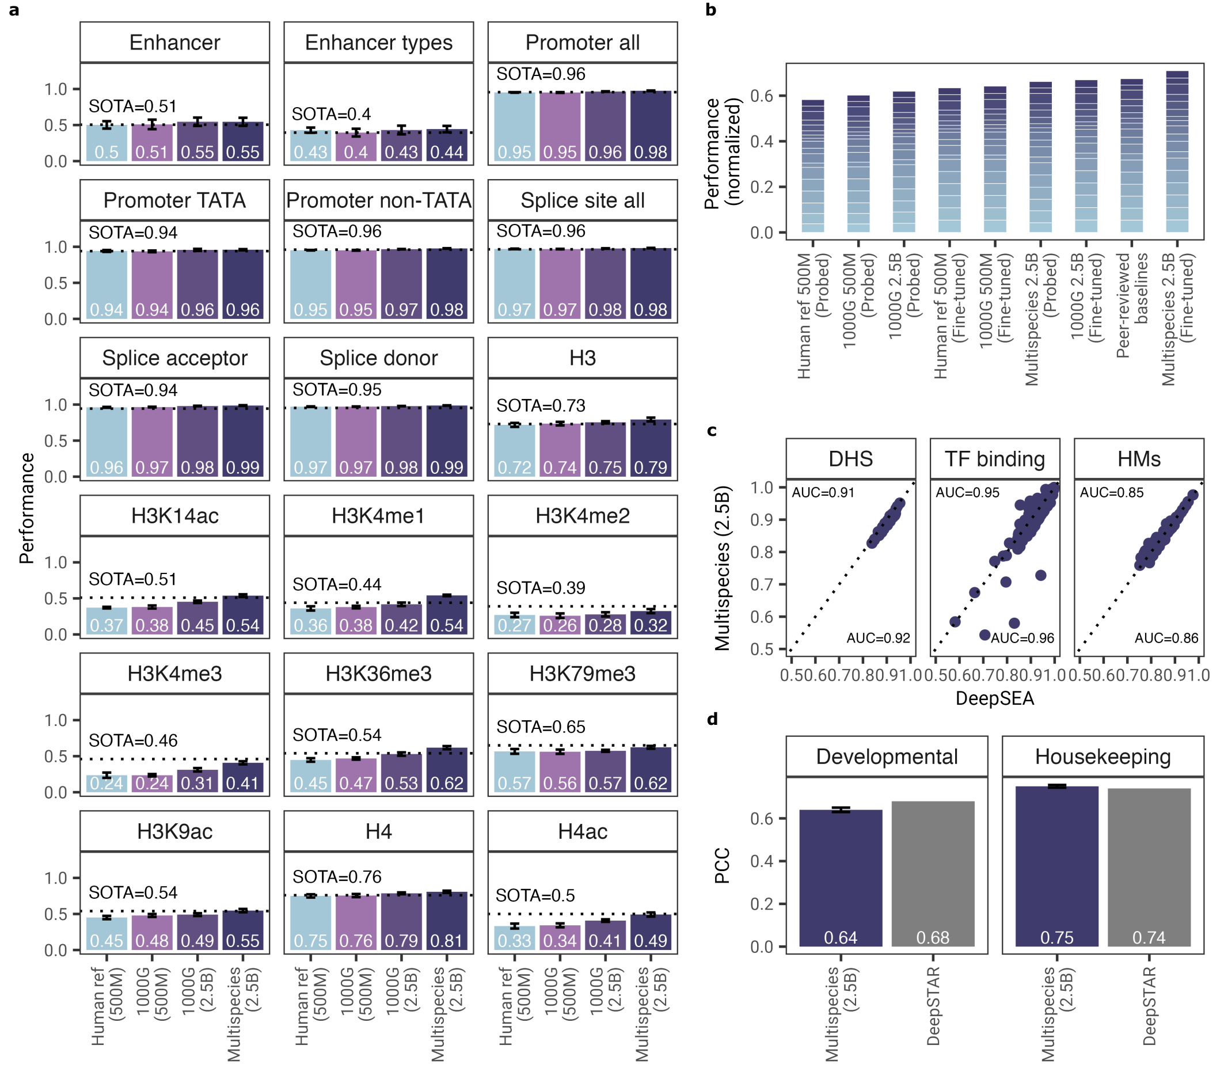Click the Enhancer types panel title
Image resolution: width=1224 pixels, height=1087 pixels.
tap(378, 43)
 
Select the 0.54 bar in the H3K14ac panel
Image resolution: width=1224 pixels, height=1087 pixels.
tap(243, 615)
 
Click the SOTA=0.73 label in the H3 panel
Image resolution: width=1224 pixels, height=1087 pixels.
tap(541, 406)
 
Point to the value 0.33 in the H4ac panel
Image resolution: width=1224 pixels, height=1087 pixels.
tap(514, 941)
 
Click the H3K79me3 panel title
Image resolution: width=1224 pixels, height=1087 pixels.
tap(582, 674)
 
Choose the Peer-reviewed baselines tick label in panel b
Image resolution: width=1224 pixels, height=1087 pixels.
tap(1132, 306)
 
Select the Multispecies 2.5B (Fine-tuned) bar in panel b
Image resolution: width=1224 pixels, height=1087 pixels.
tap(1177, 152)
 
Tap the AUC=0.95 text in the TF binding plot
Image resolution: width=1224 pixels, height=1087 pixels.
tap(968, 493)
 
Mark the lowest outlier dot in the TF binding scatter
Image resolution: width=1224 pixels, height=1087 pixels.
tap(985, 635)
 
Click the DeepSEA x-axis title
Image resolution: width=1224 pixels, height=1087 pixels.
tap(995, 698)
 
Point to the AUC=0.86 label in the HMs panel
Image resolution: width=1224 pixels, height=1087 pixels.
tap(1166, 638)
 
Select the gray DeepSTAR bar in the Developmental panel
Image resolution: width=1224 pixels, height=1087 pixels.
tap(933, 875)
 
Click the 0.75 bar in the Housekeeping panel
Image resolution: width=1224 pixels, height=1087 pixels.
tap(1057, 866)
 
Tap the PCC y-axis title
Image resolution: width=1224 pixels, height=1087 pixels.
tap(722, 865)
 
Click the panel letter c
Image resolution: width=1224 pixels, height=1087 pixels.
tap(712, 431)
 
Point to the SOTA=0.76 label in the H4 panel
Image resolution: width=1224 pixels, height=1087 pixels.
tap(337, 877)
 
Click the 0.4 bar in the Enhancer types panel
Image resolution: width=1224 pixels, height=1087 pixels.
tap(356, 147)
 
